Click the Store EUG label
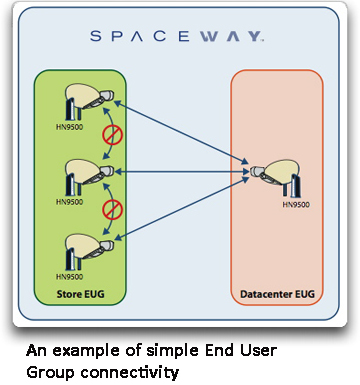click(x=79, y=294)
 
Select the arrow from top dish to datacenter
click(x=180, y=129)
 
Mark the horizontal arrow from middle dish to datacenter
click(x=180, y=173)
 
